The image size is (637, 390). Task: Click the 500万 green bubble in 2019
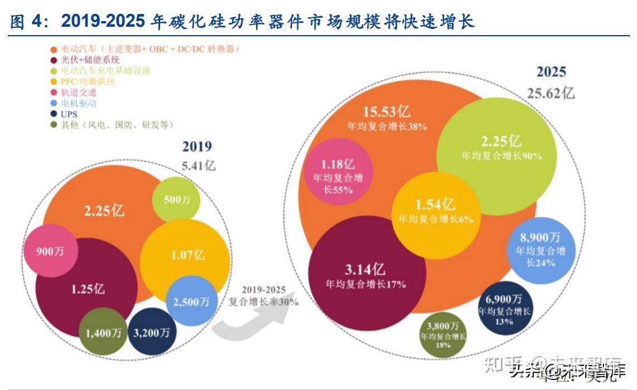pyautogui.click(x=176, y=200)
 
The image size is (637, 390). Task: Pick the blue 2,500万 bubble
pyautogui.click(x=191, y=301)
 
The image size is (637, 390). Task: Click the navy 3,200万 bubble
pyautogui.click(x=152, y=333)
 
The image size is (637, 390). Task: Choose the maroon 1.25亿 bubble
pyautogui.click(x=87, y=289)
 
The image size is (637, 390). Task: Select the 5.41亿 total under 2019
pyautogui.click(x=199, y=165)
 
